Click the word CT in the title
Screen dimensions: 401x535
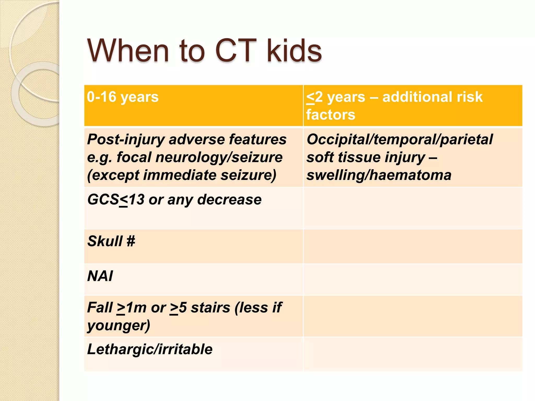click(234, 51)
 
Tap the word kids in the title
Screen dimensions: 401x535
click(294, 51)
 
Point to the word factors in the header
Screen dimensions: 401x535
click(331, 115)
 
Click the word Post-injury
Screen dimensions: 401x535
click(126, 140)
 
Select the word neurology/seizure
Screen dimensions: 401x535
click(219, 157)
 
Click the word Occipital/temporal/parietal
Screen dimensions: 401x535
click(399, 140)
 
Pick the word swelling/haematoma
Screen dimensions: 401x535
click(379, 175)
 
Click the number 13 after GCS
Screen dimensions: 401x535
click(137, 200)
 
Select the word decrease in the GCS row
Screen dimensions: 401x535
click(229, 200)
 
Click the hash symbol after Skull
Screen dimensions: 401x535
click(131, 241)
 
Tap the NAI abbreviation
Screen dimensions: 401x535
click(100, 276)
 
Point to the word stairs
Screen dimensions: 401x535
click(210, 308)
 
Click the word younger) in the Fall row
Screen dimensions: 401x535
click(119, 326)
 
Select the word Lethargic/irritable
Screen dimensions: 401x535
click(150, 349)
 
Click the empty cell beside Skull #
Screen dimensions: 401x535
click(413, 246)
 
